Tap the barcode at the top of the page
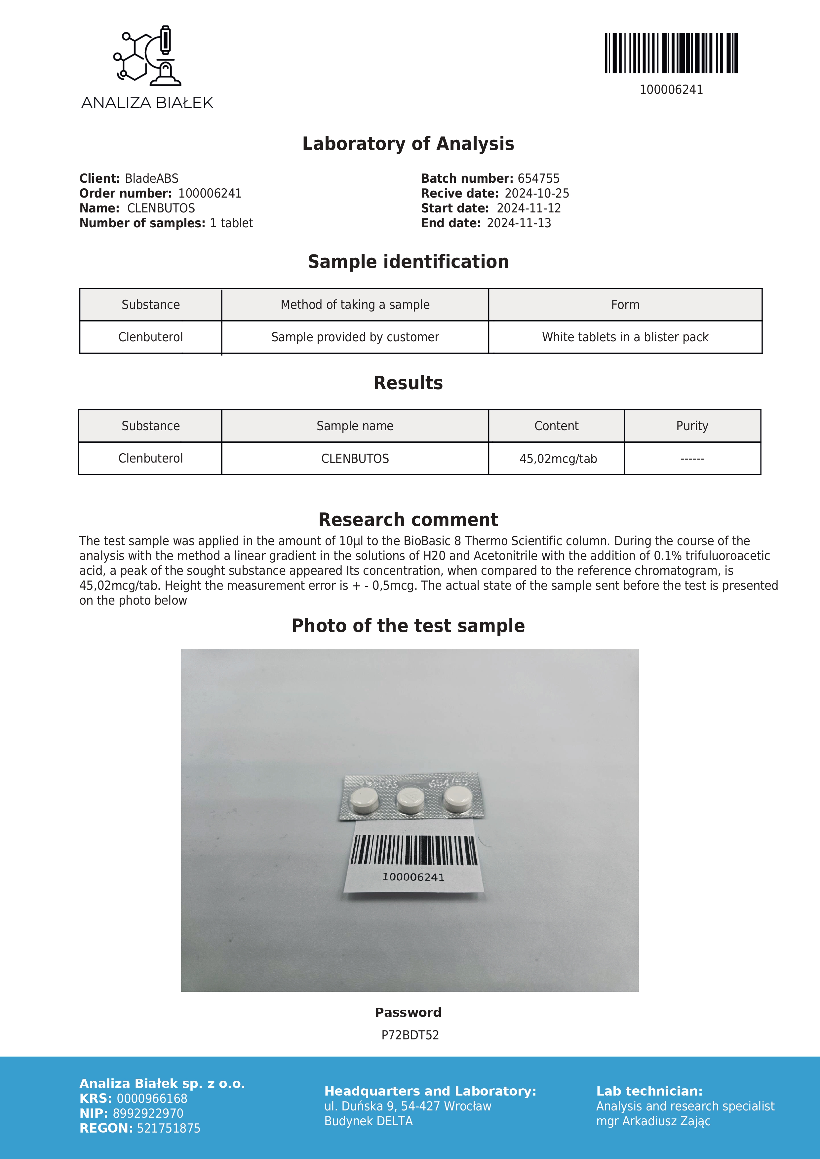tap(671, 54)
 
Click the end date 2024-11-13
tap(519, 223)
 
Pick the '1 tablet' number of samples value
tap(231, 223)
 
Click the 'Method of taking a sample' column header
tap(355, 305)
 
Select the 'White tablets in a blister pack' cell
tap(625, 337)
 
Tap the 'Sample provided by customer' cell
tap(355, 337)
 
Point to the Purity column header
tap(692, 426)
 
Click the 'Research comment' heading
tap(408, 519)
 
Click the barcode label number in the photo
tap(413, 877)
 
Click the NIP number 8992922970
tap(148, 1113)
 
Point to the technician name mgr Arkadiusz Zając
tap(653, 1121)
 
